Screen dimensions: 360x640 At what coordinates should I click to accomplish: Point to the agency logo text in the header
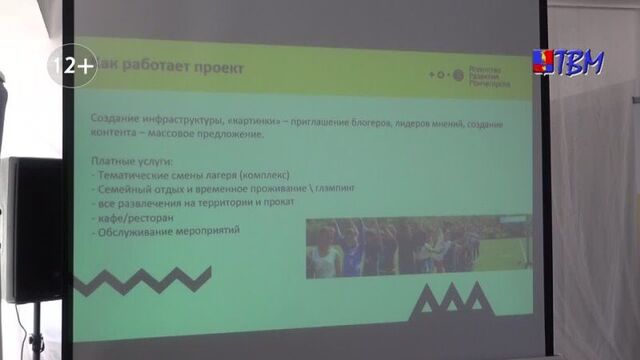(491, 74)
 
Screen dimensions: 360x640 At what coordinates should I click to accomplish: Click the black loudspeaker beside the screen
(30, 230)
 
